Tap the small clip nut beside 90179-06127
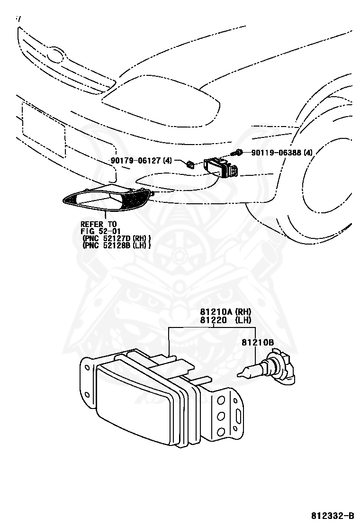coord(190,164)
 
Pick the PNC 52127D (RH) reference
coord(117,238)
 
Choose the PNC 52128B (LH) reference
coord(117,245)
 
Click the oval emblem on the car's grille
coord(56,55)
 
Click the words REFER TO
coord(98,224)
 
